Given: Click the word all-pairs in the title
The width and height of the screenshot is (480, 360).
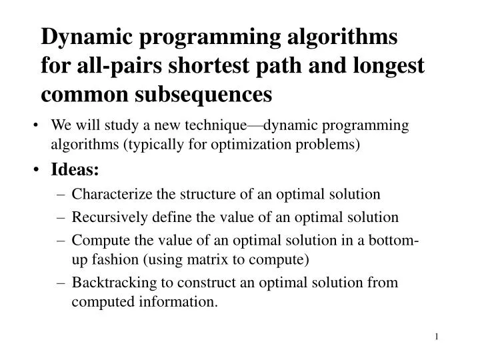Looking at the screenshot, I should [x=104, y=65].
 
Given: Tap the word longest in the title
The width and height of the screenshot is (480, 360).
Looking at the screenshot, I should [x=385, y=65].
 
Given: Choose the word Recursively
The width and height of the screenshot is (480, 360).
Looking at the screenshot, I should [x=107, y=217].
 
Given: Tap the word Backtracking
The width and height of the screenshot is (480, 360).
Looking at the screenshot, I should [x=110, y=282].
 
